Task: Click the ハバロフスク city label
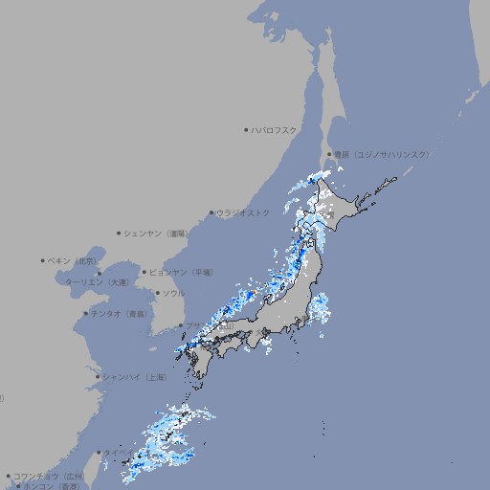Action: [275, 129]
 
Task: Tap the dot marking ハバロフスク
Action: [246, 129]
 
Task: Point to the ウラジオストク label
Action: [243, 212]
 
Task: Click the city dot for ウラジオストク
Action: [212, 212]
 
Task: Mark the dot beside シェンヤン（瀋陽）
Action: [120, 233]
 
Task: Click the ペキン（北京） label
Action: [74, 260]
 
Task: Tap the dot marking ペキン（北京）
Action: [43, 260]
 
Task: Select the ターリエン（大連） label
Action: [96, 282]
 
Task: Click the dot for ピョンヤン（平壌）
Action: [145, 272]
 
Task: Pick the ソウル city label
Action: [173, 293]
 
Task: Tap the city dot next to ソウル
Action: [157, 293]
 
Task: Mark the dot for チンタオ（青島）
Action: [86, 313]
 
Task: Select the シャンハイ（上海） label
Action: [134, 377]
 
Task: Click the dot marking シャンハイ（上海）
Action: [98, 377]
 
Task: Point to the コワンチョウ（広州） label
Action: [48, 476]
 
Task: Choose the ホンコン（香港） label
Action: [52, 486]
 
